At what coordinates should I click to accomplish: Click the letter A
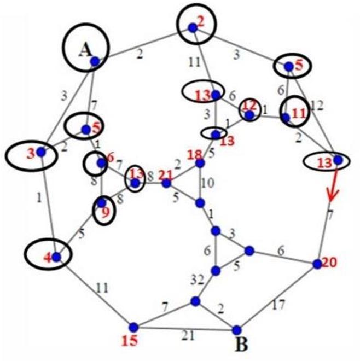click(84, 50)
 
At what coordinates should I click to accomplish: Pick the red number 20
click(330, 262)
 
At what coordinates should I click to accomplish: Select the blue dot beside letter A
click(95, 62)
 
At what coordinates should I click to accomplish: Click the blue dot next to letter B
click(236, 330)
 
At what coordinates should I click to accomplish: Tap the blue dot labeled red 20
click(317, 264)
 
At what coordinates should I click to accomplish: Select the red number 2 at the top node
click(200, 22)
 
